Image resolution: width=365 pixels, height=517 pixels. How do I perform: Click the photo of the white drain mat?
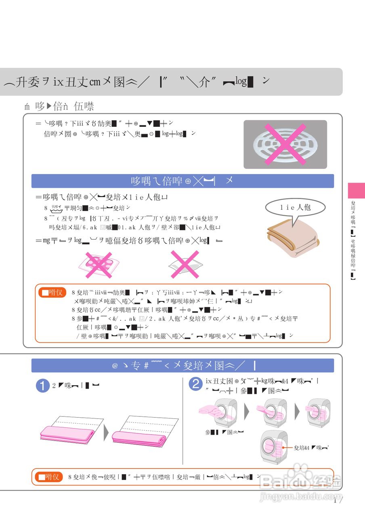[x=285, y=144]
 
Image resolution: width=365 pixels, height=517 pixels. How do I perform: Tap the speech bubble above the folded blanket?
[x=296, y=208]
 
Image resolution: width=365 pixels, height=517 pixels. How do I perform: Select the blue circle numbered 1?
[x=42, y=385]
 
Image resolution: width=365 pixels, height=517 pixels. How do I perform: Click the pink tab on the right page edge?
[x=356, y=190]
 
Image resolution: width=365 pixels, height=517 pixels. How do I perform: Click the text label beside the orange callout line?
[x=312, y=448]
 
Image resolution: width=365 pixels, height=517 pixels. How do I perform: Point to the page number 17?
[x=338, y=501]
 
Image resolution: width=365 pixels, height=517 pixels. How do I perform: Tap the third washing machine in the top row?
[x=318, y=412]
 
